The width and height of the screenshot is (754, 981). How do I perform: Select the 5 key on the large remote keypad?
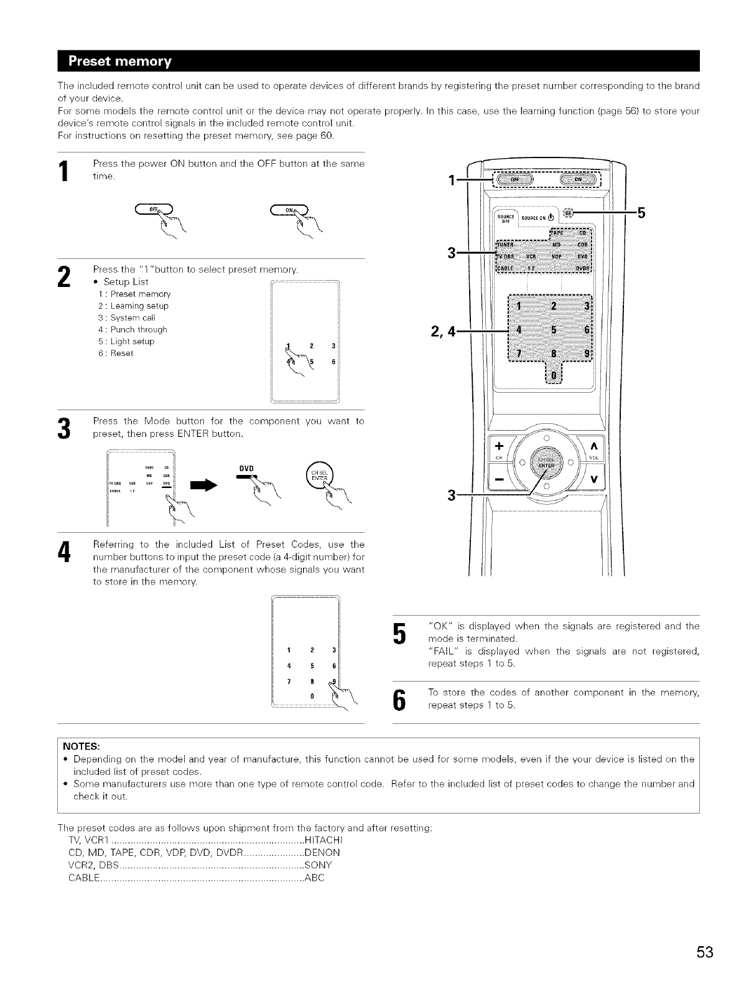click(552, 330)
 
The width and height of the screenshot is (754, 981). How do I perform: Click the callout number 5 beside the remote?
click(642, 214)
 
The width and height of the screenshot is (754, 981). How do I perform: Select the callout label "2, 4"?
click(442, 331)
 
